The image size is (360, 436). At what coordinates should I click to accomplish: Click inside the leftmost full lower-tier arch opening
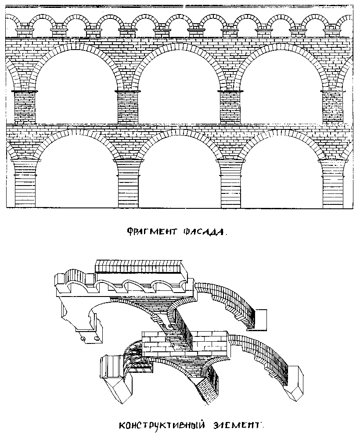[x=76, y=175]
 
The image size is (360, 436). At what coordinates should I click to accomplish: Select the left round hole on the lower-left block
[x=83, y=339]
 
